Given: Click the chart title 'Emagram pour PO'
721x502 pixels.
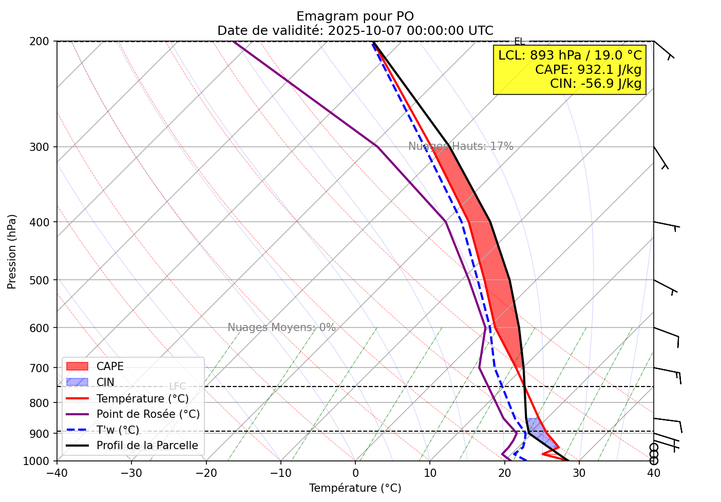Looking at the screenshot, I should pos(355,16).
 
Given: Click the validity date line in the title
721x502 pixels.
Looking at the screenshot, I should pos(355,31).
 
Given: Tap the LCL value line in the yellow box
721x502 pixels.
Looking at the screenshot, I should pos(570,55).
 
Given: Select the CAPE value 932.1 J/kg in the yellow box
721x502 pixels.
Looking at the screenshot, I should pos(588,69).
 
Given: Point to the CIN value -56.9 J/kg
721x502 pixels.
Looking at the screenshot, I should pos(596,83).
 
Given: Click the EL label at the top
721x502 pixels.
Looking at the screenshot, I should pos(519,42).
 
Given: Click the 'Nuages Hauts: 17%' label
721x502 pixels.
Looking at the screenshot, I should pos(461,146).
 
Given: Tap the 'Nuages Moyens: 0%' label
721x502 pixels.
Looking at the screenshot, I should pos(281,327).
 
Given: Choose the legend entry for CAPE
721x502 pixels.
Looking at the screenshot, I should pos(110,366).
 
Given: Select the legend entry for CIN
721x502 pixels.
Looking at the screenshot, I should pos(105,382).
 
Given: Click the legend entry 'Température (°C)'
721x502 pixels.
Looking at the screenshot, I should pos(142,398).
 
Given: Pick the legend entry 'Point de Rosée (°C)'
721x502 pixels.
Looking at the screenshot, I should pos(148,414).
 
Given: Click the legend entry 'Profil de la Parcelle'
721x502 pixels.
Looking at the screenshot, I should pos(147,446).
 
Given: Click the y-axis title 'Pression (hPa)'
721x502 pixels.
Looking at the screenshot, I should pos(12,252).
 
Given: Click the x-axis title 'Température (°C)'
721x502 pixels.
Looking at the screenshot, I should pos(355,488).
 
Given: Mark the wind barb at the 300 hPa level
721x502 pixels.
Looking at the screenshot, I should pos(660,157).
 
